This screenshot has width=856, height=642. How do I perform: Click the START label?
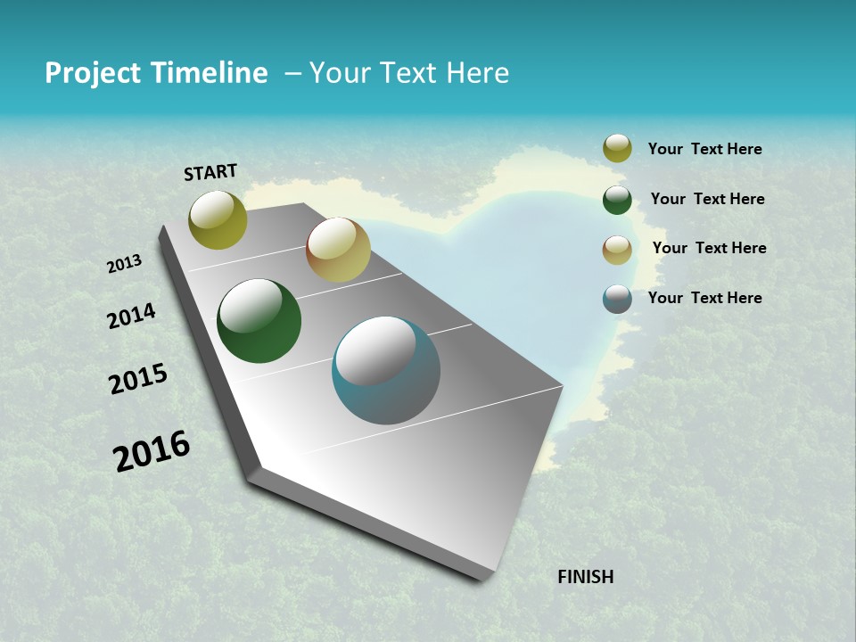(210, 172)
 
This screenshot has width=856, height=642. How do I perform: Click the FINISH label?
(585, 577)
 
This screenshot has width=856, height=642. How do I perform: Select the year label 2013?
(124, 264)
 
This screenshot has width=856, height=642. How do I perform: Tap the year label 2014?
(131, 317)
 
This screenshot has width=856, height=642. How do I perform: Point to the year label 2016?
(152, 451)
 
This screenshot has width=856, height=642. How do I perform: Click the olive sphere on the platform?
(218, 219)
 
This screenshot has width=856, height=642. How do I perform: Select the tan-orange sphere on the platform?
(338, 250)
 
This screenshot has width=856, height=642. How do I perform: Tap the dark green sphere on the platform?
(259, 321)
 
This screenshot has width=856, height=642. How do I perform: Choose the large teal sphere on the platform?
(385, 370)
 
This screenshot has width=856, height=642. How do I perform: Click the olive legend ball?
(617, 148)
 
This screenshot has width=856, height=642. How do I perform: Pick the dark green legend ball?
(617, 200)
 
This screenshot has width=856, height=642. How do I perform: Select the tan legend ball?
(617, 250)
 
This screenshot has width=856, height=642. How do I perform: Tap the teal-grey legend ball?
(617, 299)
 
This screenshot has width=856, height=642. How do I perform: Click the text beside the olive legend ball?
(704, 149)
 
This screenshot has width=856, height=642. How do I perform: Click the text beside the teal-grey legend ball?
(704, 298)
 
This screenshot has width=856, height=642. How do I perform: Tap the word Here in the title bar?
(477, 73)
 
